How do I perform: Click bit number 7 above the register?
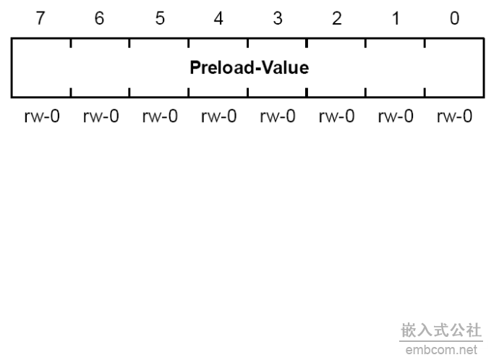tap(40, 18)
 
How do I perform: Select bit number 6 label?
tap(99, 18)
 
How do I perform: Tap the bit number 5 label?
tap(160, 18)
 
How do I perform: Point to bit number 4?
tap(218, 18)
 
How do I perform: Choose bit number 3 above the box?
tap(278, 18)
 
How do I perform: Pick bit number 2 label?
tap(337, 18)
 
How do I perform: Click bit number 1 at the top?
tap(396, 18)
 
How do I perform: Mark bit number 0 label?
tap(455, 18)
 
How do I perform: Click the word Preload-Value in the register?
tap(249, 67)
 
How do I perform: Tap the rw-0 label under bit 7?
tap(42, 116)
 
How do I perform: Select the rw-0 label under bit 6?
tap(101, 116)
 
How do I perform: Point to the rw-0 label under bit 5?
tap(160, 116)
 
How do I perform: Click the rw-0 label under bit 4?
tap(219, 116)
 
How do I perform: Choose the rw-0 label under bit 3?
tap(278, 116)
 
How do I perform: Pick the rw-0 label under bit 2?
tap(337, 116)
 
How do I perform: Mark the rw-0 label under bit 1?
tap(396, 116)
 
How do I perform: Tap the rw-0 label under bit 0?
tap(455, 116)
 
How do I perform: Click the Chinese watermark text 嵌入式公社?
tap(441, 330)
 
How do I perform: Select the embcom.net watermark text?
tap(441, 350)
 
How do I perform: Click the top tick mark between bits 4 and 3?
tap(247, 43)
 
